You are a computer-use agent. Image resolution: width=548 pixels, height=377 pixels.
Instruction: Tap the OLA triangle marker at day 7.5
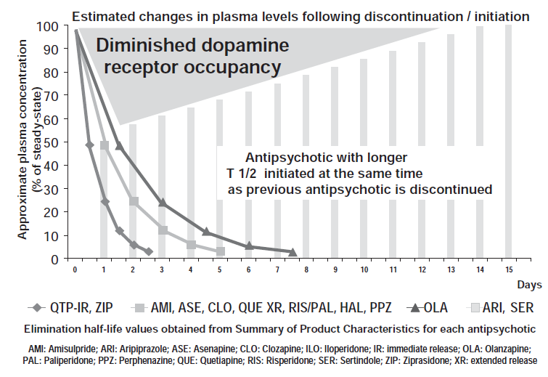[292, 252]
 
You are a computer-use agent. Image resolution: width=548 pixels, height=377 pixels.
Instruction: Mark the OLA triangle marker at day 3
[163, 203]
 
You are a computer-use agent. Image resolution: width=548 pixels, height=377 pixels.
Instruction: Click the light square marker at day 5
[220, 251]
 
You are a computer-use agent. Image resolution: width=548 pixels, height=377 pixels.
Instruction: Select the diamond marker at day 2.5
[148, 251]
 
